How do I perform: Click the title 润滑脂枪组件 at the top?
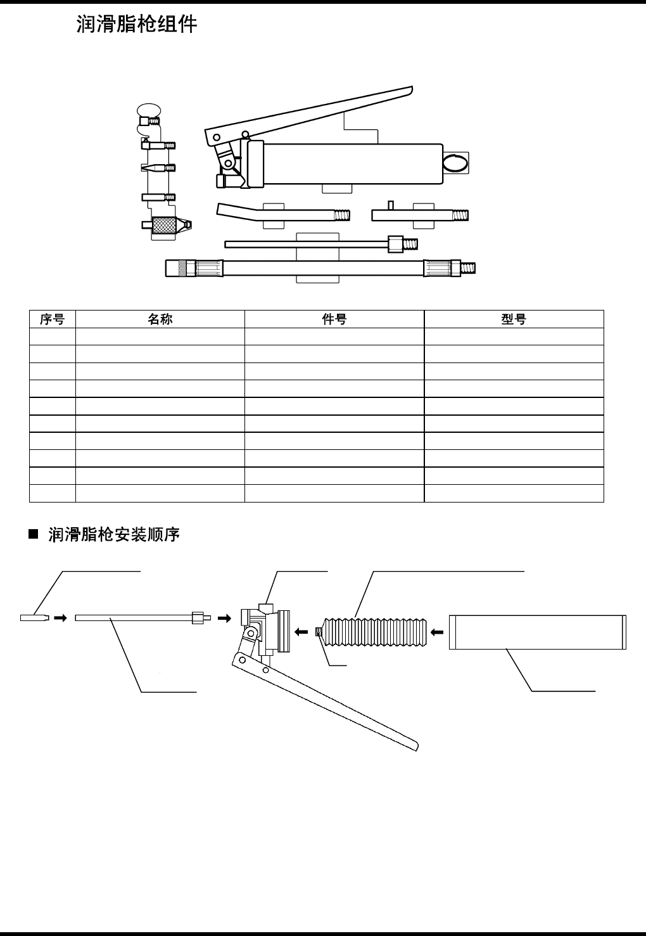pos(137,25)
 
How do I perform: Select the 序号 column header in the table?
pos(53,319)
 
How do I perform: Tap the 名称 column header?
pos(160,319)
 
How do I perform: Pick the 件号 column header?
pos(334,319)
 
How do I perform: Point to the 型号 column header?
pos(514,319)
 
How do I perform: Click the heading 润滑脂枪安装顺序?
pos(114,535)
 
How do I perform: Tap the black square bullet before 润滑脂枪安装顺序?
pos(34,536)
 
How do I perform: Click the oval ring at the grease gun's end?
pos(455,163)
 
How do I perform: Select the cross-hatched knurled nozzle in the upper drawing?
pos(165,225)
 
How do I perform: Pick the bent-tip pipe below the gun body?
pos(279,212)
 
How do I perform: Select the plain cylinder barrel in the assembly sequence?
pos(537,632)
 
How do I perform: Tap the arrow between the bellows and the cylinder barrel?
pos(436,631)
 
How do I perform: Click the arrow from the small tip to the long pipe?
pos(60,618)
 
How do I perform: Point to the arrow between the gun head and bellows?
pos(301,631)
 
